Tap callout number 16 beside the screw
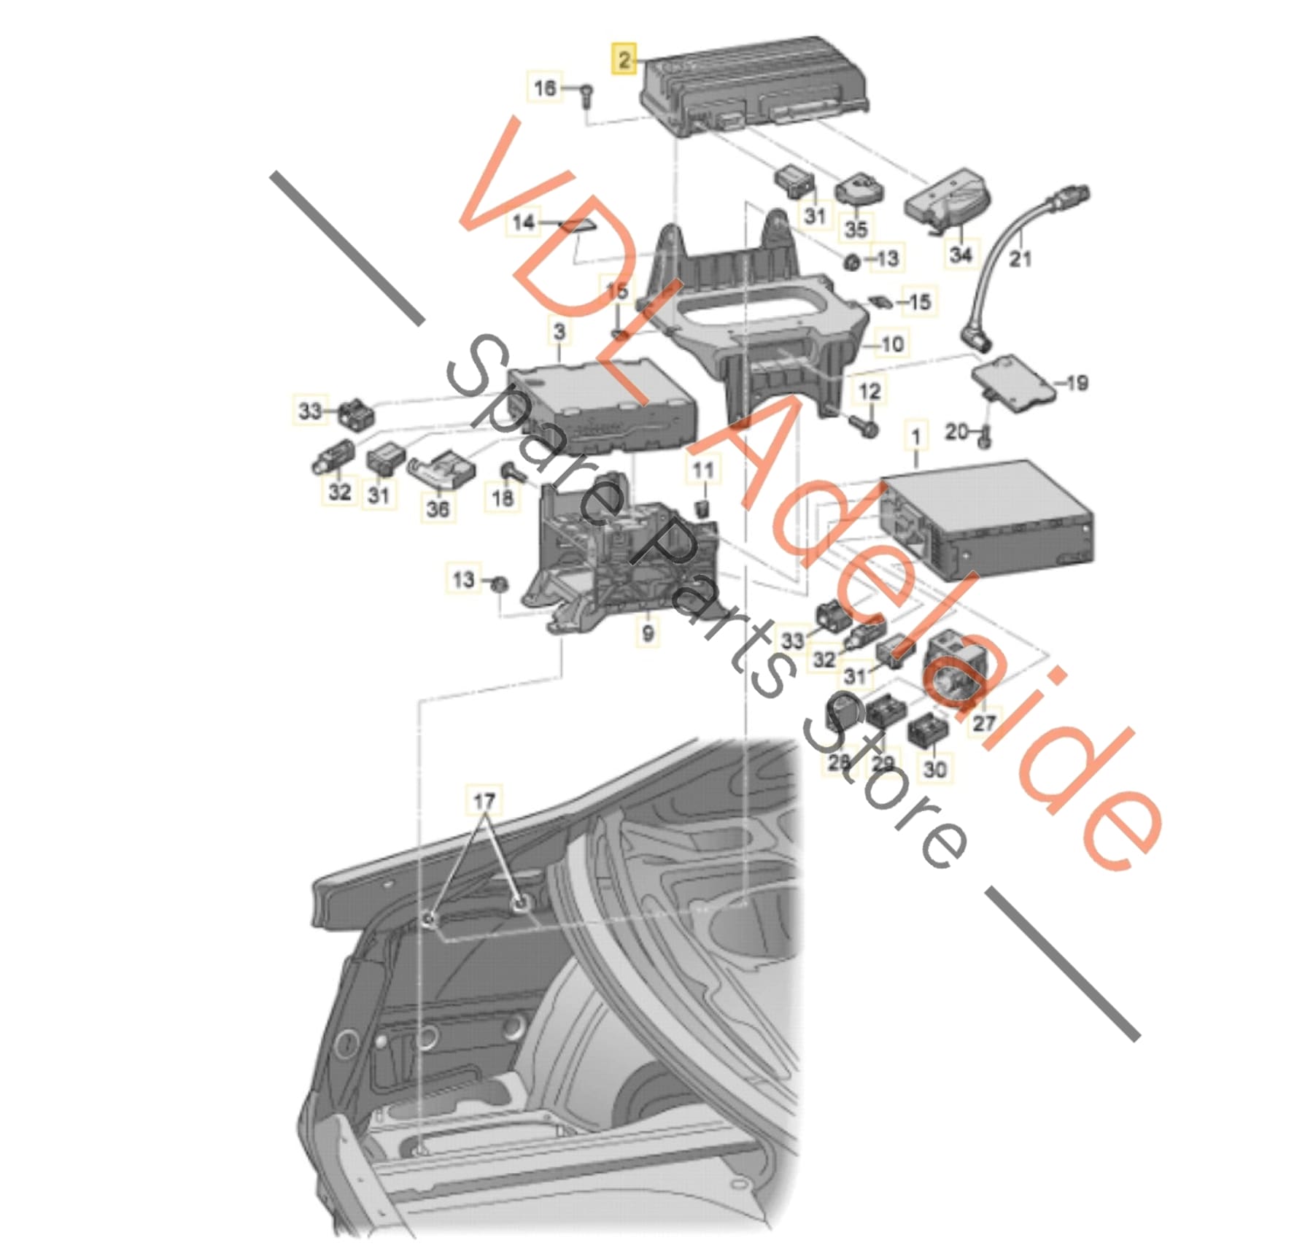545,88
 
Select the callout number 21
1020,257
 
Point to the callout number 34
961,254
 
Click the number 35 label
856,228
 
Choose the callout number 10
893,344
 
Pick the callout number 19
1077,382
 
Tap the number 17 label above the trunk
484,802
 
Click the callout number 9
648,632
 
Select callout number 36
437,508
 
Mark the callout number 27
984,722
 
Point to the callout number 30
934,768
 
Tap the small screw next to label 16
586,96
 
